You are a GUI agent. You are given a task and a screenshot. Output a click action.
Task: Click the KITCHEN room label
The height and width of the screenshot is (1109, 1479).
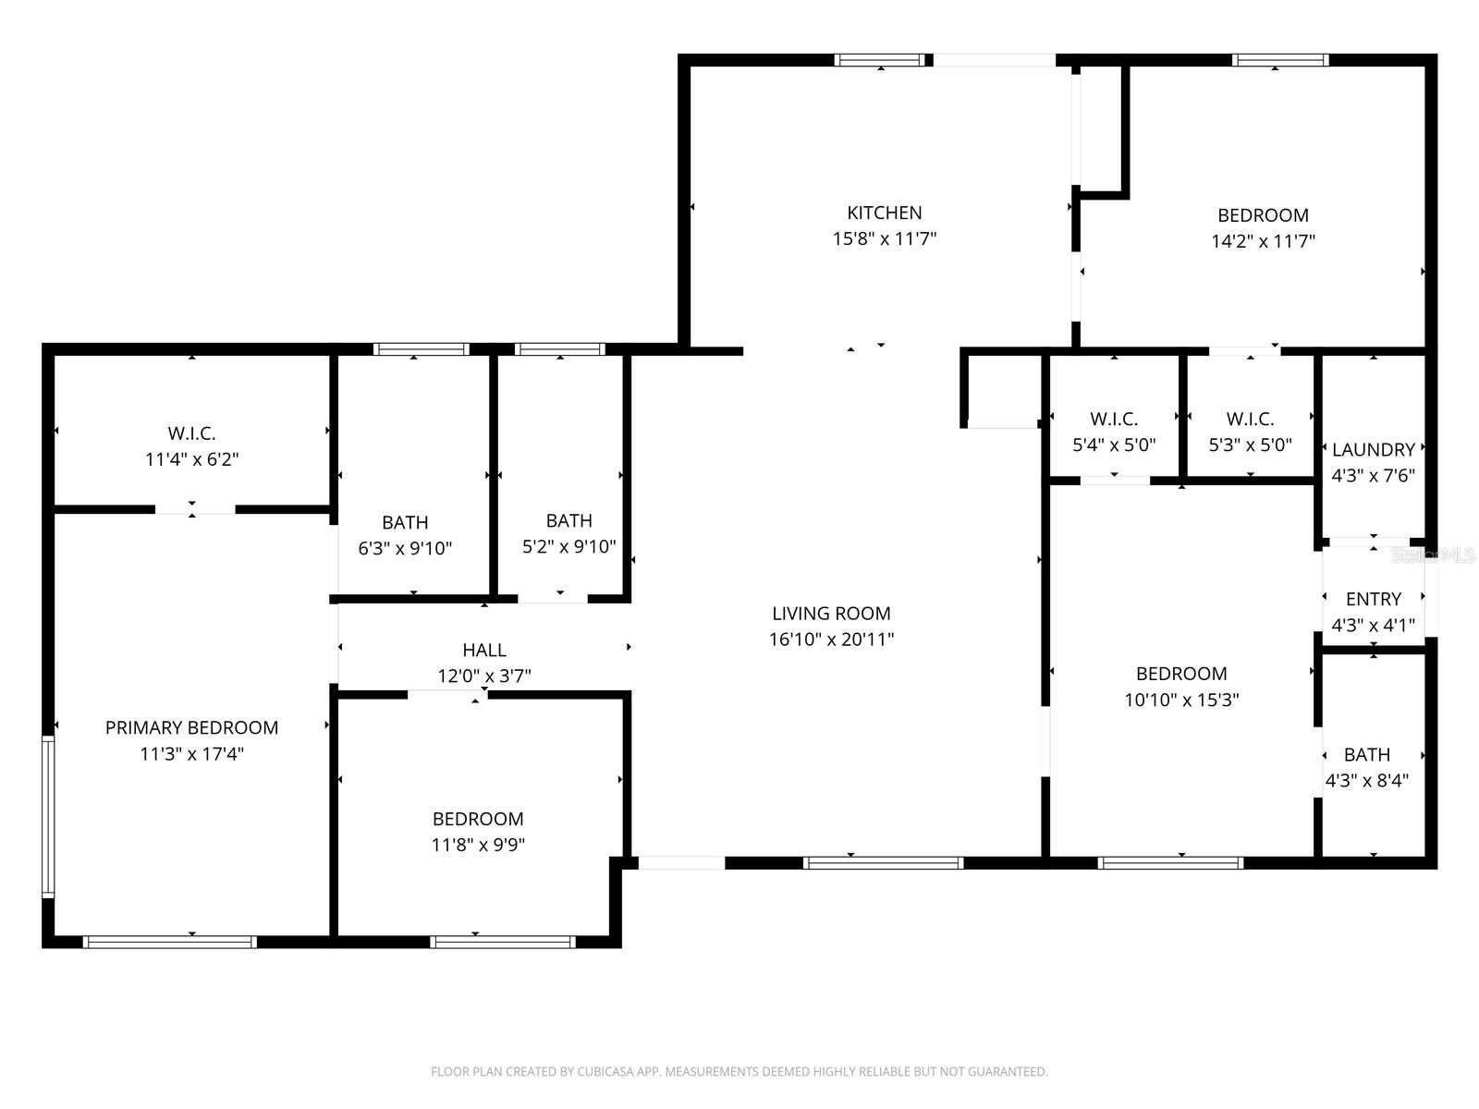pos(884,213)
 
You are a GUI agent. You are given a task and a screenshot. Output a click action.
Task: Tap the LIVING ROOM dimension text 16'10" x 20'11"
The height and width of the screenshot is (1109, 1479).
pos(831,640)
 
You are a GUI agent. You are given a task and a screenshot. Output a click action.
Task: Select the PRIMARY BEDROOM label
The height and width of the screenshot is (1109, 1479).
pos(191,727)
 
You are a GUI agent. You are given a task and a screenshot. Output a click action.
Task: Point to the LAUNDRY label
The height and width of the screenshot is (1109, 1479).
pos(1373,450)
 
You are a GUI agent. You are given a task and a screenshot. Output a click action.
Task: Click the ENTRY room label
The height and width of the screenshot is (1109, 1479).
pos(1373,599)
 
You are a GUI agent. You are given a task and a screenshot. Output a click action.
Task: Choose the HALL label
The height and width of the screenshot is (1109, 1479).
pos(483,651)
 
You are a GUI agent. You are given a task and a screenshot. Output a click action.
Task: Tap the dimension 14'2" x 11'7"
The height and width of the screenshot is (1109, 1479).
pos(1263,242)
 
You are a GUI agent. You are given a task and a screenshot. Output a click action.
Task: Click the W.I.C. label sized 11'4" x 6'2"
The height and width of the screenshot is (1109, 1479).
pos(191,433)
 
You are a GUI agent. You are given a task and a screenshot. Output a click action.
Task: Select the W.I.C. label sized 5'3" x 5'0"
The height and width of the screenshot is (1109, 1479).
pos(1250,420)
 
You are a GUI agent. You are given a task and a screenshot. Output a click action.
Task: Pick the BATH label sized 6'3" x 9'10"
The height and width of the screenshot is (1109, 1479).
pos(405,522)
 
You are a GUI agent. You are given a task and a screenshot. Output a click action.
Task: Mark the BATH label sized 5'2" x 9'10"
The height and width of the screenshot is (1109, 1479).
pos(568,520)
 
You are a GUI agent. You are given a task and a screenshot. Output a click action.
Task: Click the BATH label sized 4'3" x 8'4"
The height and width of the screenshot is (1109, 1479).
pos(1366,754)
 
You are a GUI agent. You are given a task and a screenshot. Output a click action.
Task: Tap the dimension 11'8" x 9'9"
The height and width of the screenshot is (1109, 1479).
pos(478,845)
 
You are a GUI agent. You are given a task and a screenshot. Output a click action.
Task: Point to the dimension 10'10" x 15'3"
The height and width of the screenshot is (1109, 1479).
pos(1181,701)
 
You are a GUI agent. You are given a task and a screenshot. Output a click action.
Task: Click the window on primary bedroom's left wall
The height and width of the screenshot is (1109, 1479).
pos(48,817)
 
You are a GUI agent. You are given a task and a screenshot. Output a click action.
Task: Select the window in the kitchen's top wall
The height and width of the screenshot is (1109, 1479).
pos(880,60)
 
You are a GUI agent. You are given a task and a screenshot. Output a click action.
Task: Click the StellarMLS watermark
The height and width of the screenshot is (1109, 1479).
pos(1434,555)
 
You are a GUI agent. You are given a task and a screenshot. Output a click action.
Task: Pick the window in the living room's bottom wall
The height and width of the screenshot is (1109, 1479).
pos(883,863)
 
